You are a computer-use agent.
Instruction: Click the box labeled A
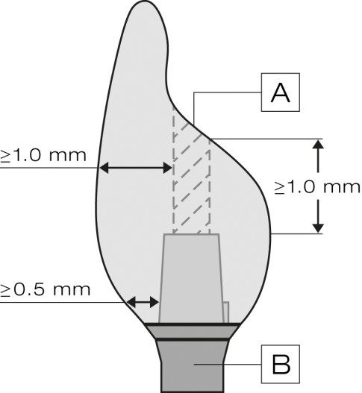click(x=281, y=92)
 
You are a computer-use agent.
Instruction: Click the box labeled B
click(x=281, y=364)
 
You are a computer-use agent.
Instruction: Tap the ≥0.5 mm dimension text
click(x=45, y=290)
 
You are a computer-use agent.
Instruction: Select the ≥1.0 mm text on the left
click(x=43, y=155)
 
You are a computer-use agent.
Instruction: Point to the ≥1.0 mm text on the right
click(x=317, y=187)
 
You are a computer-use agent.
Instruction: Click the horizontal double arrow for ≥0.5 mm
click(x=143, y=302)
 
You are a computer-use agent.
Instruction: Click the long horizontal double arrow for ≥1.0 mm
click(x=136, y=168)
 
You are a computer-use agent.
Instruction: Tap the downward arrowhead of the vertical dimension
click(x=319, y=228)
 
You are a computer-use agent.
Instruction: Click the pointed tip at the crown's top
click(x=146, y=1)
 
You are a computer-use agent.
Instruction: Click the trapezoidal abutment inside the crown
click(x=191, y=278)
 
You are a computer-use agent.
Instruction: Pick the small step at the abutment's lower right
click(x=226, y=312)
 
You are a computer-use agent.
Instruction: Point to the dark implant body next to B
click(x=192, y=366)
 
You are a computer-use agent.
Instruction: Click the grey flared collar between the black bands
click(x=192, y=332)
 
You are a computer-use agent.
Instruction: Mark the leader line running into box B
click(x=228, y=365)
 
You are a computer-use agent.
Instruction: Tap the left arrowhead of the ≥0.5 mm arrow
click(x=131, y=302)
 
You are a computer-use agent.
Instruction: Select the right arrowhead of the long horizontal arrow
click(x=168, y=168)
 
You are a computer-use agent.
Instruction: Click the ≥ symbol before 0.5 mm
click(x=5, y=291)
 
